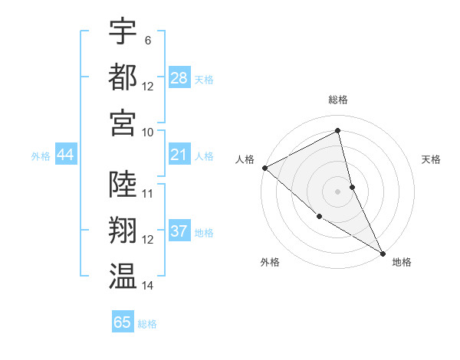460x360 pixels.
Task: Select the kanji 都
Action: [123, 77]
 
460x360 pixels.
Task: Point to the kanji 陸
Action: [123, 184]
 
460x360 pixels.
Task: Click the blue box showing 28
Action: [179, 78]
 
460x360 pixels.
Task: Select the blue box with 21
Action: [179, 155]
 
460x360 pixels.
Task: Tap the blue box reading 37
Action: [179, 232]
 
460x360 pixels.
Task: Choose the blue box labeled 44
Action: [66, 155]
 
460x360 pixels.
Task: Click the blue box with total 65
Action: [123, 322]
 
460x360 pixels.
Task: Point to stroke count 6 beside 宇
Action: [147, 40]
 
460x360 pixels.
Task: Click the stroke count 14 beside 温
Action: [148, 286]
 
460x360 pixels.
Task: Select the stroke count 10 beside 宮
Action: [148, 132]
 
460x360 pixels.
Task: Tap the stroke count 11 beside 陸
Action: [148, 193]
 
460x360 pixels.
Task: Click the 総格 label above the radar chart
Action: [338, 100]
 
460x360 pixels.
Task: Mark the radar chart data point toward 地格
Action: [383, 252]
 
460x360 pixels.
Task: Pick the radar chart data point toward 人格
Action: [264, 168]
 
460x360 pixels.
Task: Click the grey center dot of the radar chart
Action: [338, 191]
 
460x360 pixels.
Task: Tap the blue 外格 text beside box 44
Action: [41, 156]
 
